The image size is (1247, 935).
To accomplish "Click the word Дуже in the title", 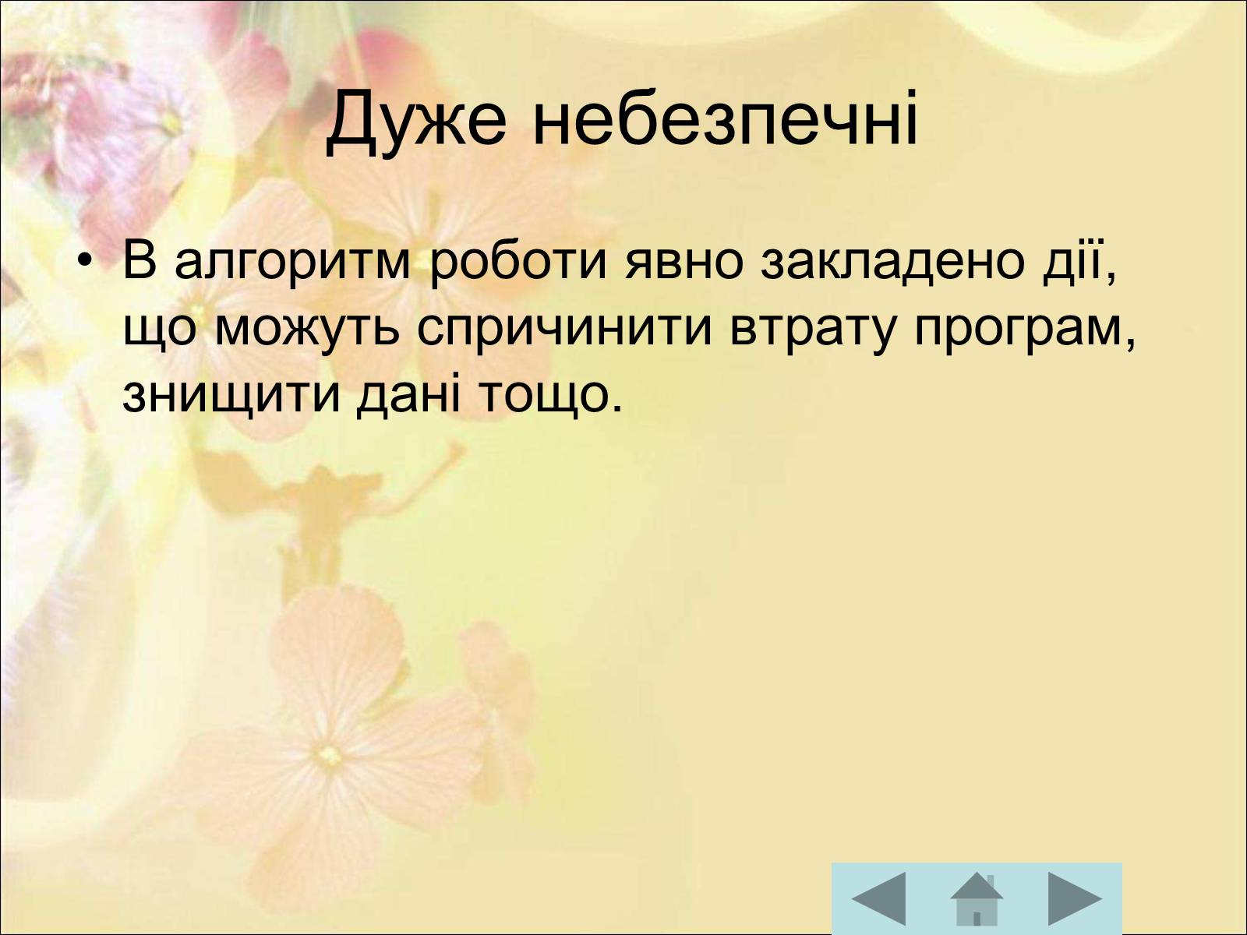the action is pos(416,122).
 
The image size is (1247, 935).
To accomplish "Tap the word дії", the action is pos(1072,261).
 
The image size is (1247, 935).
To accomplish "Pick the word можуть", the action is pos(307,330).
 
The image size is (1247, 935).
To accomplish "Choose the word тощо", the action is pos(542,397).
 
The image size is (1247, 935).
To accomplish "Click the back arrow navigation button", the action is pos(879,899).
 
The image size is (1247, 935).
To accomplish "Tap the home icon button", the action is pos(977,899).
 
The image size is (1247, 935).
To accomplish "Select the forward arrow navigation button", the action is pos(1075,899).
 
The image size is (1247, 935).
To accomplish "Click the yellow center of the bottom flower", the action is pos(330,755).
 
